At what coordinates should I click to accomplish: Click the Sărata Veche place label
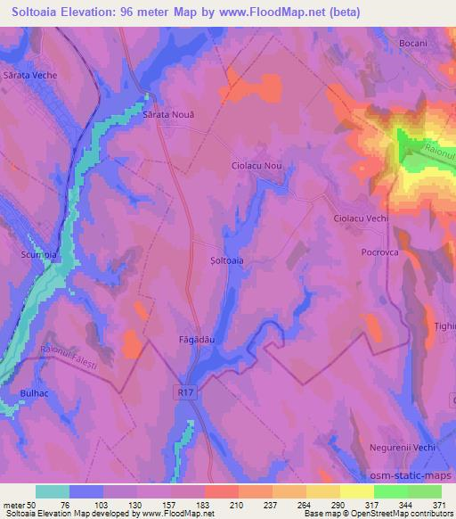point(31,76)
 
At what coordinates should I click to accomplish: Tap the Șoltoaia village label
point(225,260)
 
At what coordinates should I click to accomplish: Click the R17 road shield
point(183,389)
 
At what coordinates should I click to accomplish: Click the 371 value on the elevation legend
point(438,505)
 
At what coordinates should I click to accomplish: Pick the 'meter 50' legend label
point(20,505)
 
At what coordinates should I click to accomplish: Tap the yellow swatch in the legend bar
point(356,491)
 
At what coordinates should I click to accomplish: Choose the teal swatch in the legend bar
point(53,491)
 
